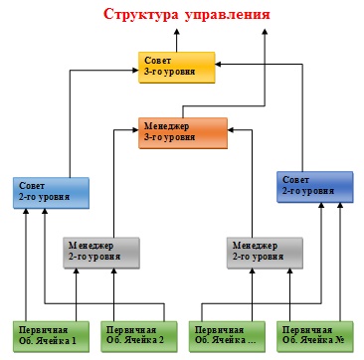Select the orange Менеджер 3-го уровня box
183,131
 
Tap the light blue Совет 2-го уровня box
52,190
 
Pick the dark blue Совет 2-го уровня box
314,184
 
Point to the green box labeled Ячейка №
315,333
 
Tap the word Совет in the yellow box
158,61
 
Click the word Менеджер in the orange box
168,126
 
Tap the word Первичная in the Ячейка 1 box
45,328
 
